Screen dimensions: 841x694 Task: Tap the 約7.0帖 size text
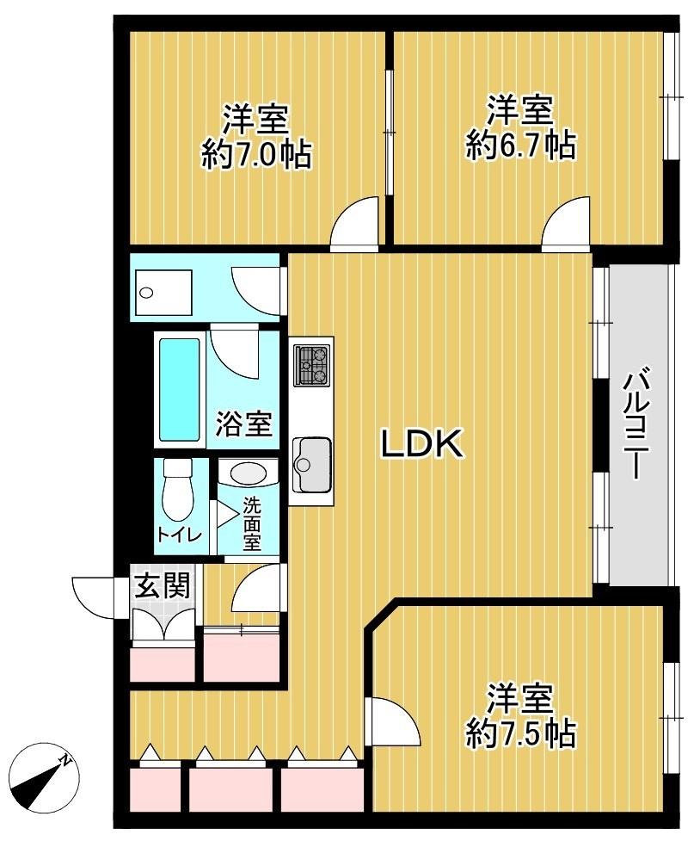coord(255,156)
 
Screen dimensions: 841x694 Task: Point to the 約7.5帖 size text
coord(519,733)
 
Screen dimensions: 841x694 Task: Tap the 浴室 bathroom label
coord(243,424)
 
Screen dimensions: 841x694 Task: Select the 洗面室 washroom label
coord(251,523)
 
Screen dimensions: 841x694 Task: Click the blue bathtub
coord(180,389)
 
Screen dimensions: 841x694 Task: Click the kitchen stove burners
coord(311,365)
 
